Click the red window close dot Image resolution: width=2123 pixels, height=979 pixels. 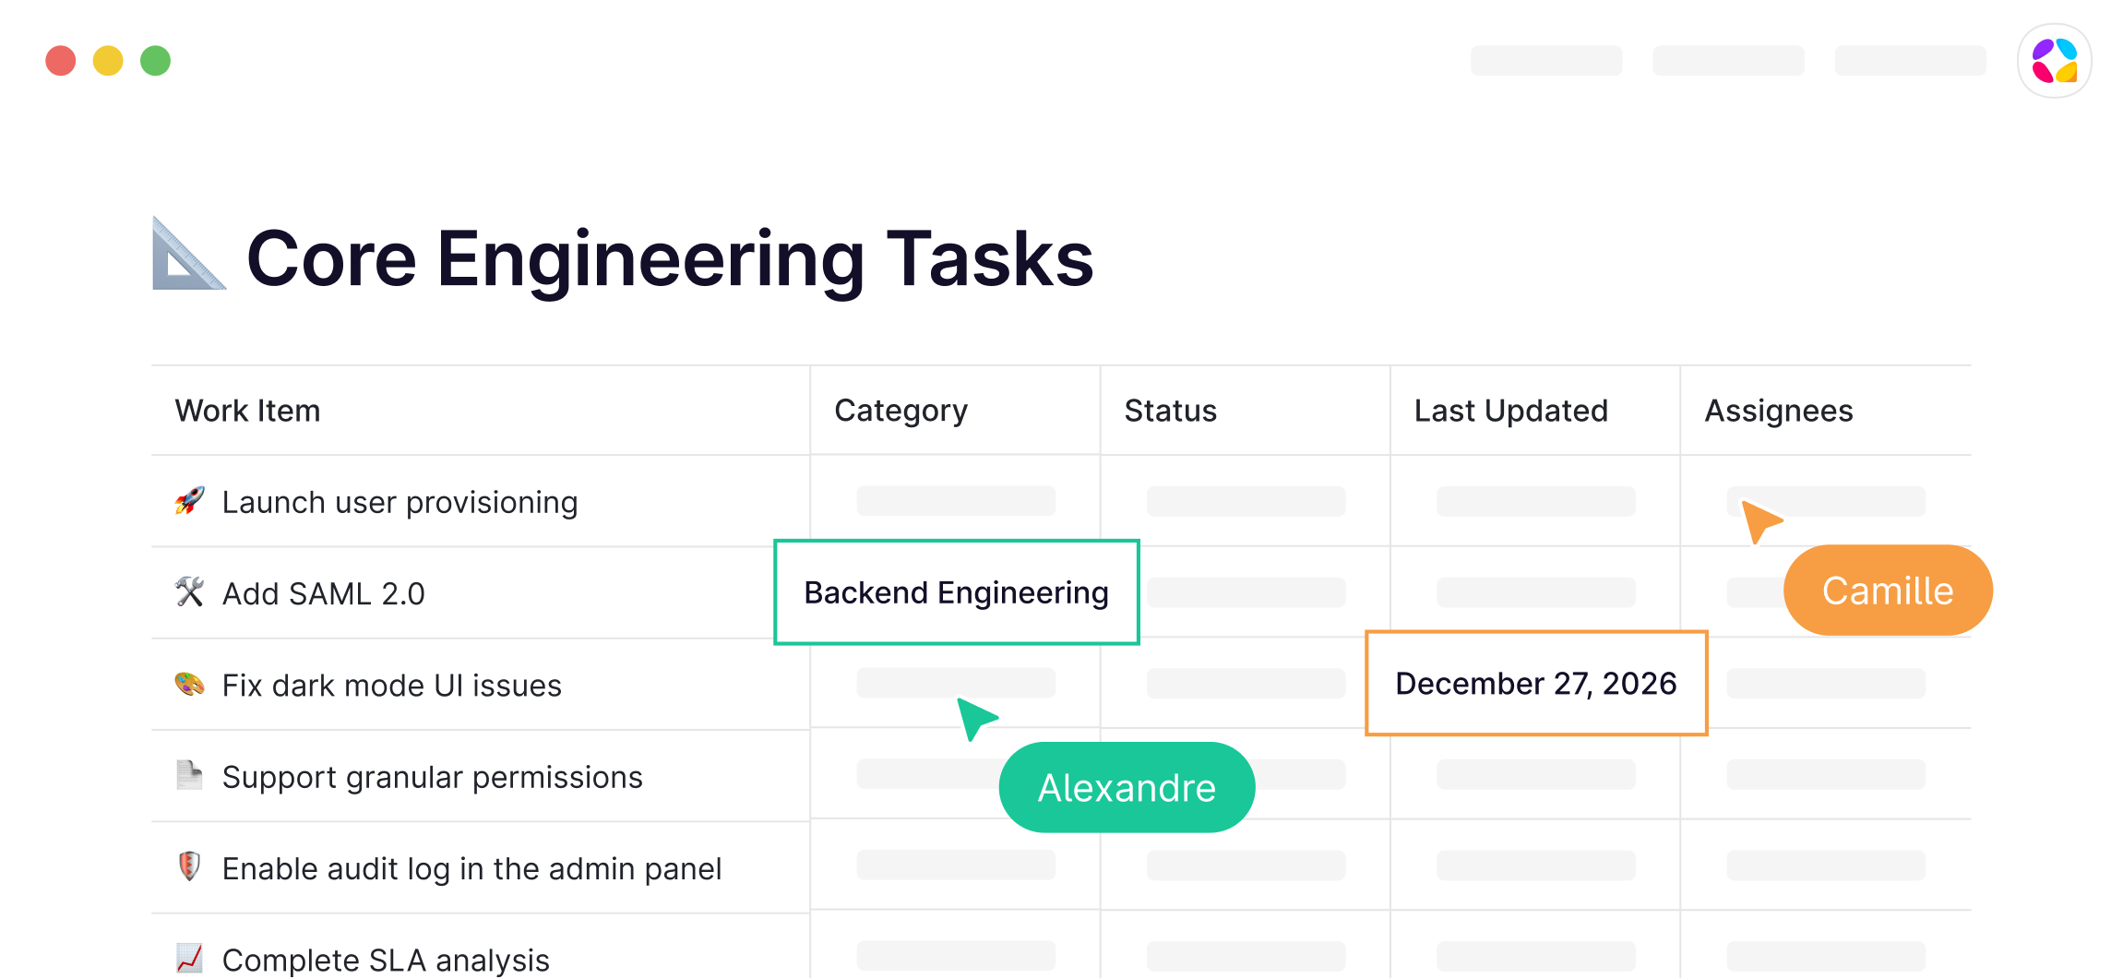tap(61, 61)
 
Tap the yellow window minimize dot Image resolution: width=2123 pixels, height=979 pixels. tap(108, 61)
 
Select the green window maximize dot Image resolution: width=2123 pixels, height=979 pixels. tap(155, 61)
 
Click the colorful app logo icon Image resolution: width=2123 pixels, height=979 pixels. tap(2054, 61)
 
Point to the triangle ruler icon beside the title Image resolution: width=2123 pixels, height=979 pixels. tap(187, 254)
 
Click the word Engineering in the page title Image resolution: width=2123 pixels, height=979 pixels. tap(650, 261)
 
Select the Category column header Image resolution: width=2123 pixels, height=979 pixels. tap(900, 411)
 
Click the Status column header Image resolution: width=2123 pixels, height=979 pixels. tap(1170, 411)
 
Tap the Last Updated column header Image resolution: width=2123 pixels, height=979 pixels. tap(1510, 411)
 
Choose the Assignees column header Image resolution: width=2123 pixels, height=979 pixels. tap(1778, 412)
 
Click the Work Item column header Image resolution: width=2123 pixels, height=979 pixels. tap(247, 411)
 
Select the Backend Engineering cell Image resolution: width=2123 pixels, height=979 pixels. tap(957, 592)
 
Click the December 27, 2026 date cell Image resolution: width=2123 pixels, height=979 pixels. tap(1536, 684)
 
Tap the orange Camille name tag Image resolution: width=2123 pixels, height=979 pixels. tap(1888, 591)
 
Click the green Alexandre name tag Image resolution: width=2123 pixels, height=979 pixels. tap(1127, 788)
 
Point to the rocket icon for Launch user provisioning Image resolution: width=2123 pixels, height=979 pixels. tap(189, 501)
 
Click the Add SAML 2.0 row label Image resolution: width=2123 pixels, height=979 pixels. tap(323, 594)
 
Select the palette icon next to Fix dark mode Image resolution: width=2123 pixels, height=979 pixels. tap(189, 685)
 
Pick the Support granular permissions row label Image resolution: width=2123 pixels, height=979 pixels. tap(432, 778)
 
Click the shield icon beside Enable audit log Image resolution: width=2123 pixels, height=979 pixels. tap(189, 867)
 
